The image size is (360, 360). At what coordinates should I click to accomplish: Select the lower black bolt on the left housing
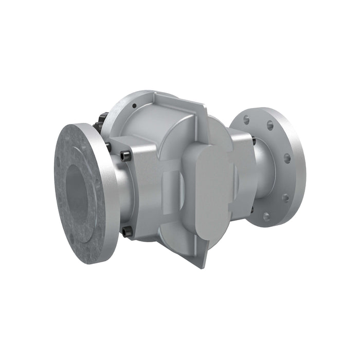coord(127,232)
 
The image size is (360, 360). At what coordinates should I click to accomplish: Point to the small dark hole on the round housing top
coord(134,106)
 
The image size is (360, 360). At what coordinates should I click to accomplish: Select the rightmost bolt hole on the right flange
coord(287,158)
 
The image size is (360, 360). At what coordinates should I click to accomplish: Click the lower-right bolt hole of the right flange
coord(285,197)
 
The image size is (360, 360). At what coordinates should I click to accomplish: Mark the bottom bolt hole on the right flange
coord(266,216)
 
